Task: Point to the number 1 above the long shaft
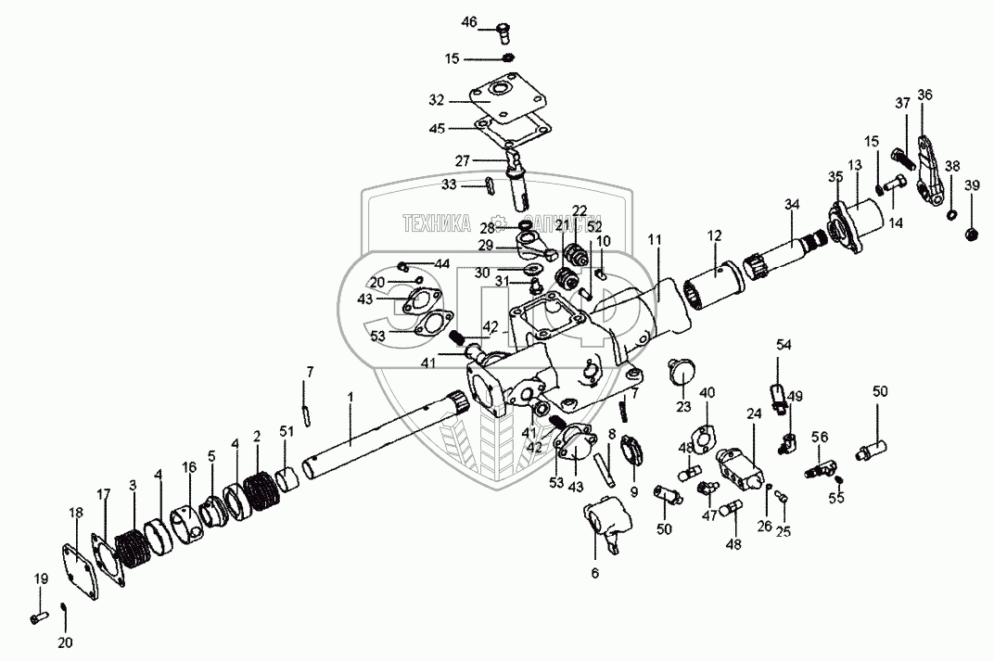[x=350, y=396]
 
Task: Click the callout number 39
[x=971, y=186]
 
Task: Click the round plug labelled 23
[x=682, y=374]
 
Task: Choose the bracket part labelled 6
[x=606, y=524]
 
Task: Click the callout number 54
[x=784, y=345]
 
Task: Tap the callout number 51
[x=286, y=429]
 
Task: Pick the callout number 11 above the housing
[x=655, y=240]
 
